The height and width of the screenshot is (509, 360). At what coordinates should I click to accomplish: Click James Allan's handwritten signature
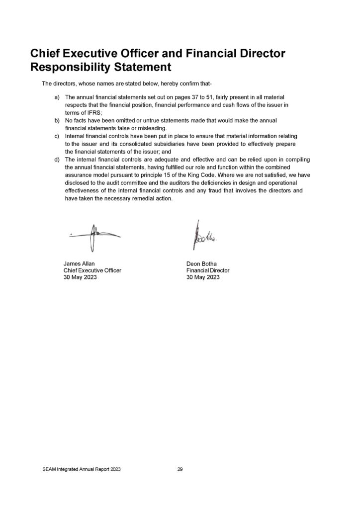click(94, 235)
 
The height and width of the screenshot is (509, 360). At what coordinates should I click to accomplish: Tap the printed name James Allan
click(79, 263)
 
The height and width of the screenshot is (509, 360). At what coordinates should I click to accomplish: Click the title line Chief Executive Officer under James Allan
click(92, 270)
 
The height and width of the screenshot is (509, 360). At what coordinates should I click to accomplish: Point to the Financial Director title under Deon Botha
click(208, 270)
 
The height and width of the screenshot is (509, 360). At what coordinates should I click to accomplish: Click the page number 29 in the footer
click(180, 469)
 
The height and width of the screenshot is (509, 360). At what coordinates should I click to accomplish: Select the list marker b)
click(58, 120)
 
